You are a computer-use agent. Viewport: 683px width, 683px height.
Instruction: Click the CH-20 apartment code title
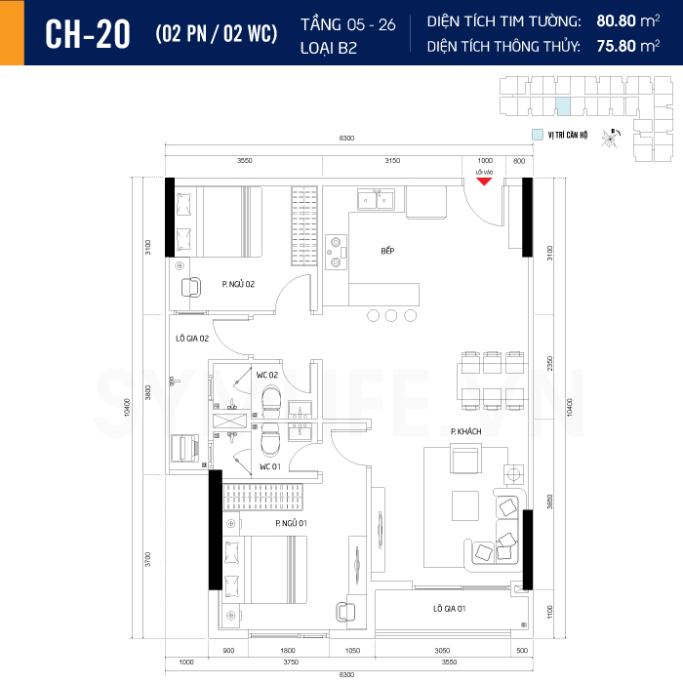[88, 33]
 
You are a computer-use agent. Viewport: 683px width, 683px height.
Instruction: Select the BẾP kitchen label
[387, 252]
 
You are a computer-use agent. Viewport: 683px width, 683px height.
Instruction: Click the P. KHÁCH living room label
[462, 430]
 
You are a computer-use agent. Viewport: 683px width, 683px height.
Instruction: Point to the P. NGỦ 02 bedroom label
[238, 284]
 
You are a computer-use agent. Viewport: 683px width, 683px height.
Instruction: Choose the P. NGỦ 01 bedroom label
[292, 524]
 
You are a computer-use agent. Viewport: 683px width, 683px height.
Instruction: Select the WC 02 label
[268, 375]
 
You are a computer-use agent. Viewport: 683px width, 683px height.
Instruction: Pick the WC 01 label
[270, 466]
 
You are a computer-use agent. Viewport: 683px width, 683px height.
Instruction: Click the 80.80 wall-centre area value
[617, 20]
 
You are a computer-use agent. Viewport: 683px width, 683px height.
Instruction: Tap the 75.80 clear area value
[617, 45]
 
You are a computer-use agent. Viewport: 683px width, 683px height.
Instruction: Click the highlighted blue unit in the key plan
[562, 107]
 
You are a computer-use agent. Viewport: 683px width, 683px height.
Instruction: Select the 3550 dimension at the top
[244, 160]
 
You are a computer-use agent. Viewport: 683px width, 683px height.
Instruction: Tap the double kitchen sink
[376, 201]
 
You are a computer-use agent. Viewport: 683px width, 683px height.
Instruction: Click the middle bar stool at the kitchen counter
[392, 315]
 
